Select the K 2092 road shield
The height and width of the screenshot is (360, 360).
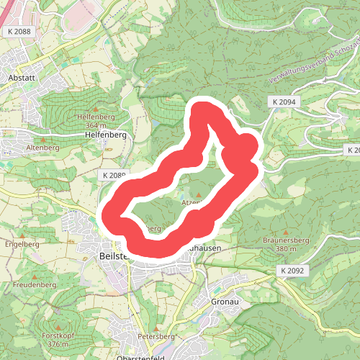pos(292,270)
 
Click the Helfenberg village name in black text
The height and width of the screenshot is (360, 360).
pos(106,135)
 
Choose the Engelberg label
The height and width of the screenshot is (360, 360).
pos(21,244)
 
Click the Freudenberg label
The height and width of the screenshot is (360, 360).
pos(34,285)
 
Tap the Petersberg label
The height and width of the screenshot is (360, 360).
pos(156,336)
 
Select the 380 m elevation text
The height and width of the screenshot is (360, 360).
pos(276,250)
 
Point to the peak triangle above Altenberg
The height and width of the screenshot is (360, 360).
pos(43,138)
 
